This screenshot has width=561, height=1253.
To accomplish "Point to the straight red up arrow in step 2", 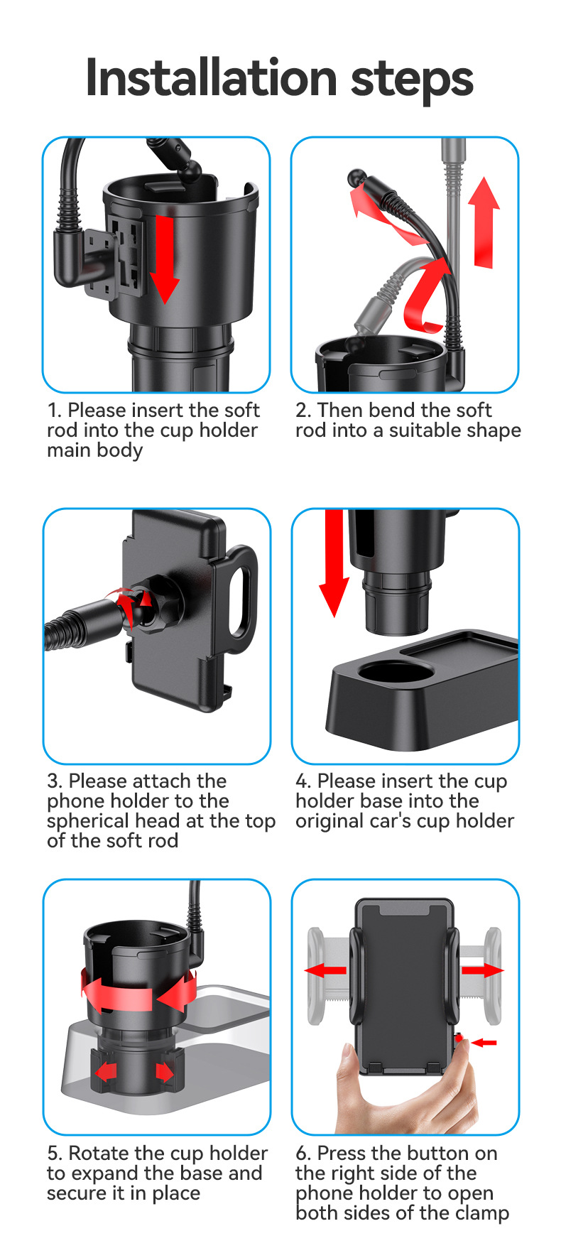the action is click(484, 222).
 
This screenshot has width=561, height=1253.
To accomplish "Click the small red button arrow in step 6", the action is click(485, 1042).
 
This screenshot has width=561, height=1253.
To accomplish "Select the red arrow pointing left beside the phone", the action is click(325, 970).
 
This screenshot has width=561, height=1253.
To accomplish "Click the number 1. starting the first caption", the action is click(54, 410).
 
